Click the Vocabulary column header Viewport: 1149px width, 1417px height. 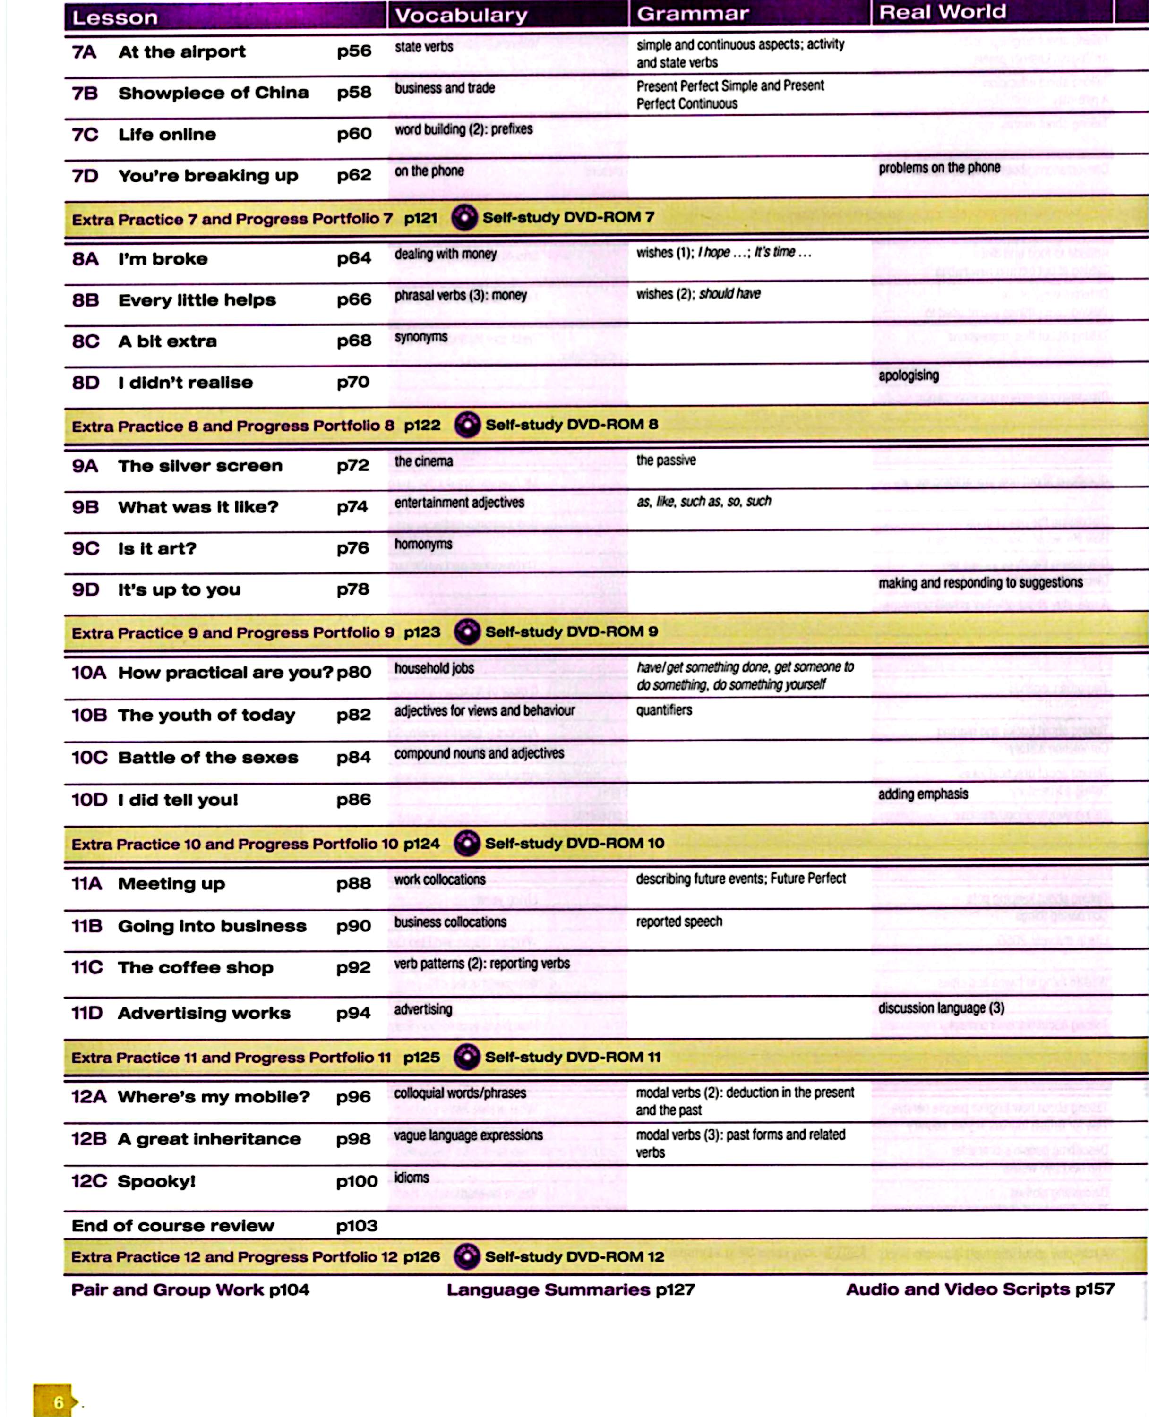[x=461, y=15]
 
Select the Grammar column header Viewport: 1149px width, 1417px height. [x=692, y=13]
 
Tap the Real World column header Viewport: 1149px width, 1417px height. [x=942, y=12]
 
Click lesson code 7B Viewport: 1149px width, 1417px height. [x=85, y=93]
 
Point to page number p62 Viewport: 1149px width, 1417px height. [x=354, y=175]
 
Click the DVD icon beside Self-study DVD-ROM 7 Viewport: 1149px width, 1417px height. [x=464, y=218]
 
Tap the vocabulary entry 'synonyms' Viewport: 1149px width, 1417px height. [x=421, y=337]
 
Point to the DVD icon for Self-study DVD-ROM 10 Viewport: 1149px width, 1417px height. [x=467, y=843]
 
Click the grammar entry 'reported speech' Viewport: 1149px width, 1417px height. [x=679, y=922]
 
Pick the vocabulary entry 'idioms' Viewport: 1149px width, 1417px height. [x=412, y=1178]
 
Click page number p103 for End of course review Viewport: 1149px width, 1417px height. [x=357, y=1226]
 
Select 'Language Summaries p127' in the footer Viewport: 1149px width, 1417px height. [x=571, y=1289]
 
